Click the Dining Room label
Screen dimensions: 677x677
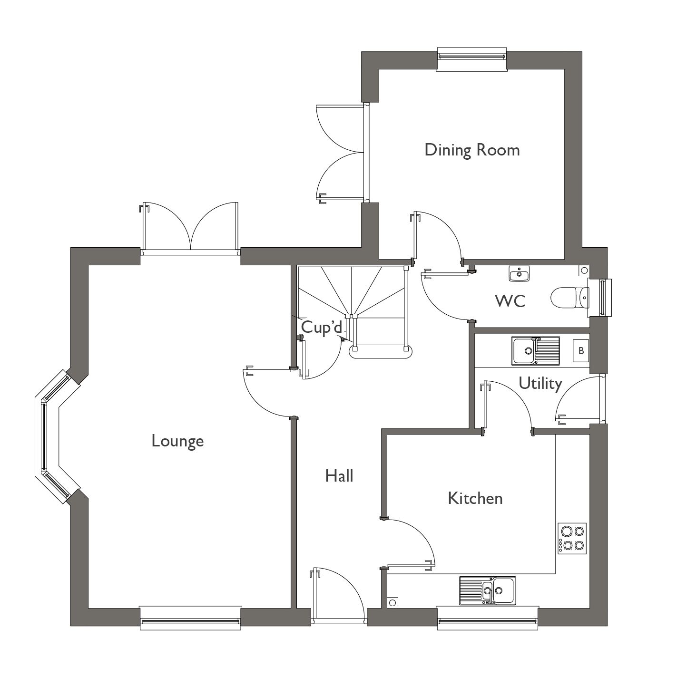pos(471,150)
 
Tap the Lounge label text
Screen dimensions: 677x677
pos(177,441)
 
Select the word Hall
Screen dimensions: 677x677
pos(339,475)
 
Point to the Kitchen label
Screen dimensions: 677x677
pos(475,498)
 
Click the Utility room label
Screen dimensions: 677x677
pos(540,383)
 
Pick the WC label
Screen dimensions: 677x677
pos(510,301)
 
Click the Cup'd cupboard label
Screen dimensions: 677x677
pos(322,327)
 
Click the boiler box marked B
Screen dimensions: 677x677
pos(580,351)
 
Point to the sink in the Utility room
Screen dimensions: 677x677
pos(535,351)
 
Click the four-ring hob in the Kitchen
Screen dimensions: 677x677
pos(572,538)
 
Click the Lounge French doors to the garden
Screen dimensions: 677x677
pos(190,228)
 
